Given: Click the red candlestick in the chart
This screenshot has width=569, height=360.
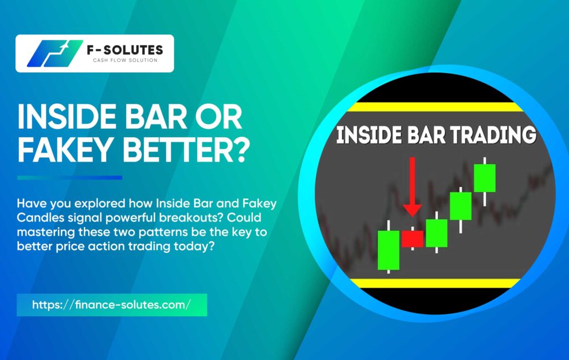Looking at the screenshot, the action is click(413, 238).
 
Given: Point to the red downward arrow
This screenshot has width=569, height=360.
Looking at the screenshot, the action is click(412, 187).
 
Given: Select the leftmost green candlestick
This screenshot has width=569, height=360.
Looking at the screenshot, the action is click(388, 249).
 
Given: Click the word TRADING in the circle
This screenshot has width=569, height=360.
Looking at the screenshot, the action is click(493, 136).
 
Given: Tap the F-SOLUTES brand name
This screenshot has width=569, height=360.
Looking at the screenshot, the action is click(125, 49).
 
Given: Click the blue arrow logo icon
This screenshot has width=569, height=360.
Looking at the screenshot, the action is click(54, 53).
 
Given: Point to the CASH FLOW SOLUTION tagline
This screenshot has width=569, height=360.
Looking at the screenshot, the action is click(125, 60).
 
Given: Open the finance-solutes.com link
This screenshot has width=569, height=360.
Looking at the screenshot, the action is click(111, 304).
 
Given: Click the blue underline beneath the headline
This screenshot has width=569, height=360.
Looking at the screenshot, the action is click(69, 177).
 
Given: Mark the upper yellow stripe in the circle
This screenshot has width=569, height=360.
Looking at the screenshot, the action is click(435, 107).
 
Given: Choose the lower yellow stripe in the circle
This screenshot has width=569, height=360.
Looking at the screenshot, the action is click(435, 283).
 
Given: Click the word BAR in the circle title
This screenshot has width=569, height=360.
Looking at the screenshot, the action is click(426, 136).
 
